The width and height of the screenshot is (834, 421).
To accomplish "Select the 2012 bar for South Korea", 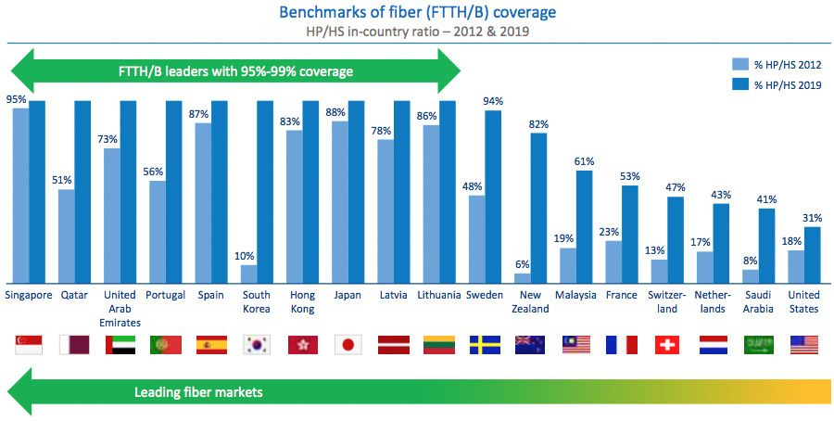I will pyautogui.click(x=248, y=274).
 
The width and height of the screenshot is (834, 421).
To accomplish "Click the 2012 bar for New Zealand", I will pyautogui.click(x=523, y=277).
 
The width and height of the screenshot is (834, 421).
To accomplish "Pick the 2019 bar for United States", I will pyautogui.click(x=812, y=254).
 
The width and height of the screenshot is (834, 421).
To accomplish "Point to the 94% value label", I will pyautogui.click(x=493, y=101).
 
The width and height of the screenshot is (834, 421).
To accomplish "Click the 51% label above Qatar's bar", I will pyautogui.click(x=66, y=181).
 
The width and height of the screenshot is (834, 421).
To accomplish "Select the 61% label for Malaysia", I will pyautogui.click(x=584, y=160).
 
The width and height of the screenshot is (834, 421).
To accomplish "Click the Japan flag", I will pyautogui.click(x=347, y=345).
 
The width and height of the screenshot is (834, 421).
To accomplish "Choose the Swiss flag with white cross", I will pyautogui.click(x=667, y=345).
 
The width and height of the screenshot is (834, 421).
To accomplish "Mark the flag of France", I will pyautogui.click(x=622, y=345).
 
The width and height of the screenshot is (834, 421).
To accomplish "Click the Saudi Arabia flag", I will pyautogui.click(x=758, y=345).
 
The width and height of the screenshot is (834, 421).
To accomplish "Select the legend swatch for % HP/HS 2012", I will pyautogui.click(x=740, y=65).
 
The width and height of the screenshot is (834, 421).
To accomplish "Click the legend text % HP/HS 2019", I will pyautogui.click(x=788, y=84).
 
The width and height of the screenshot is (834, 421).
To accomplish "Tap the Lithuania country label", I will pyautogui.click(x=438, y=296).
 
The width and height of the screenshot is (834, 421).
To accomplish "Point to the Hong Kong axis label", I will pyautogui.click(x=302, y=302).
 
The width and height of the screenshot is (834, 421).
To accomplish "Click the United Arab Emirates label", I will pyautogui.click(x=120, y=308).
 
